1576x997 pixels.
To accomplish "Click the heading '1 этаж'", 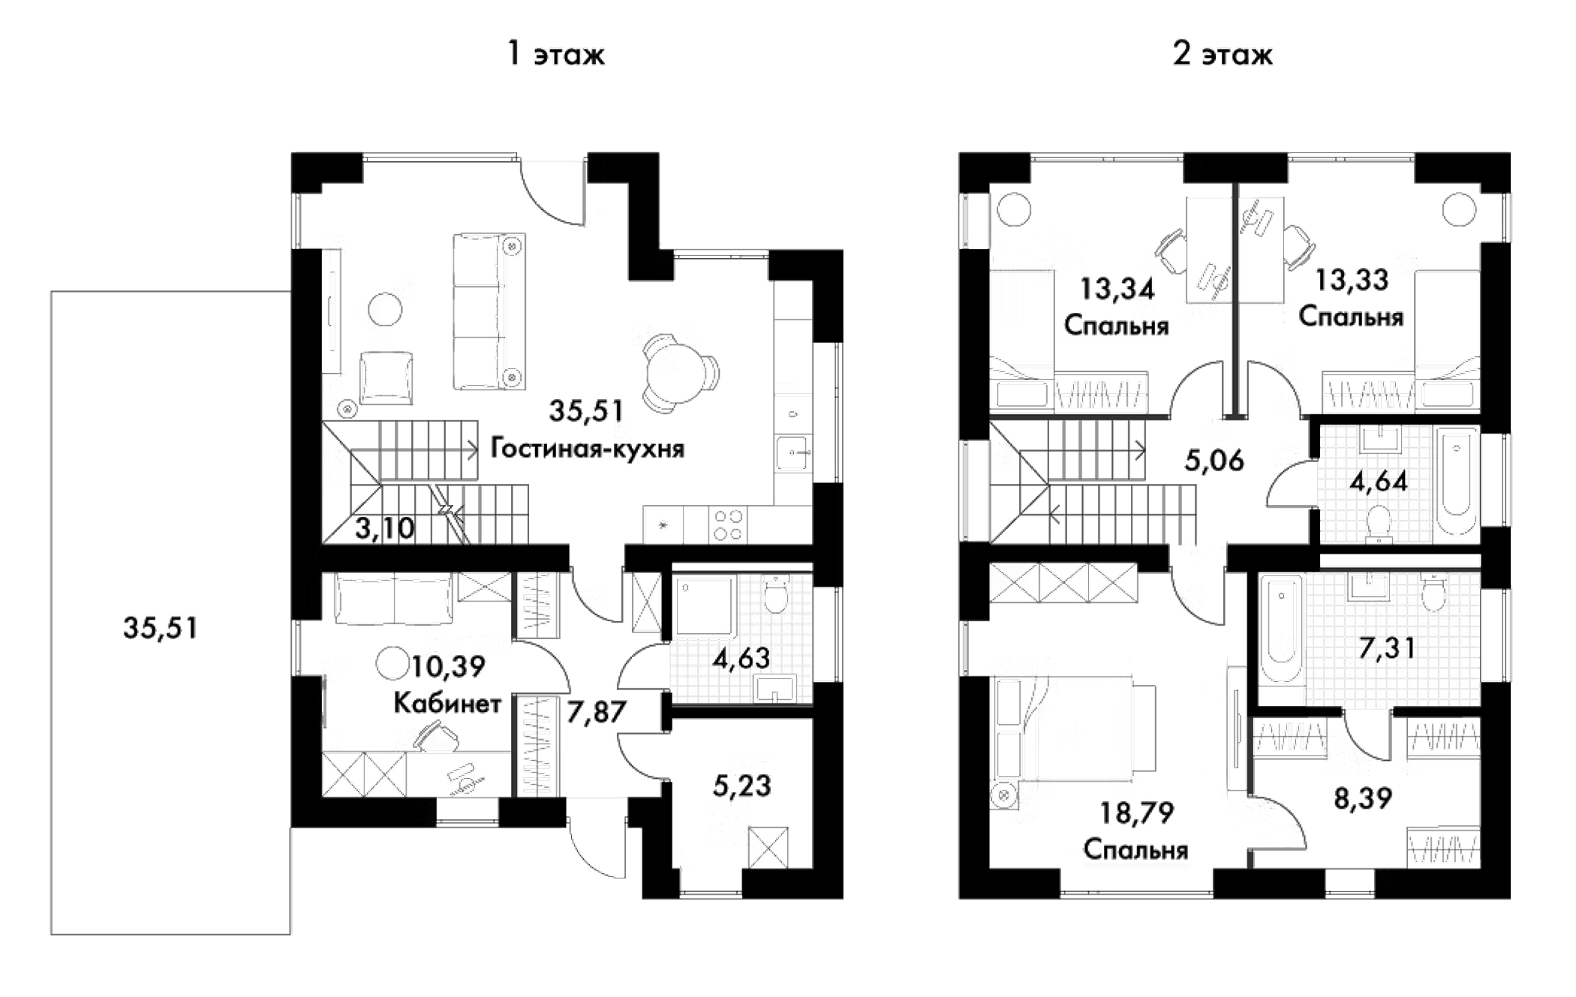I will (556, 54).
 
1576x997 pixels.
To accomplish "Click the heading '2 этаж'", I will (1223, 54).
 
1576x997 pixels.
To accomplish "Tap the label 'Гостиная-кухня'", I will (587, 449).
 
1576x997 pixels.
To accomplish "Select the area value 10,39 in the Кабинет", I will (448, 665).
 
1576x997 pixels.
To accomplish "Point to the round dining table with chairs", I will (677, 373).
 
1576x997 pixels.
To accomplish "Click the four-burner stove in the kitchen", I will (727, 524).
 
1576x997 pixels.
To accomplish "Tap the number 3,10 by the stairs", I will (384, 528).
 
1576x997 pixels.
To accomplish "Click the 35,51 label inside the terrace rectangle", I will (161, 628).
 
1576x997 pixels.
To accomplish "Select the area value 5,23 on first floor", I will (741, 785).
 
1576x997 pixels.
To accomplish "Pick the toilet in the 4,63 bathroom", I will (775, 595).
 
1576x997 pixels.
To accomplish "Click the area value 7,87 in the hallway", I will (596, 712).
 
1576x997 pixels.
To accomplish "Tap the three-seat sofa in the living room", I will (489, 311).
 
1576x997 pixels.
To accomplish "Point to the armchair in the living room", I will (386, 377).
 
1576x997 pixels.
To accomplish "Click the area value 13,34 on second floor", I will (1117, 289).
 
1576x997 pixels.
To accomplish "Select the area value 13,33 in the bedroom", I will (1352, 280).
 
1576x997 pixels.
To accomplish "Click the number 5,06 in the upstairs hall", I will (1214, 460).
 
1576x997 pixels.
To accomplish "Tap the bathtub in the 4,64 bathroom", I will (1456, 482).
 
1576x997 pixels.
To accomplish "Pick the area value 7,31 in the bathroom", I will (1387, 647).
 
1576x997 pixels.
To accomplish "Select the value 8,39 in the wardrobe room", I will (1363, 798).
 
